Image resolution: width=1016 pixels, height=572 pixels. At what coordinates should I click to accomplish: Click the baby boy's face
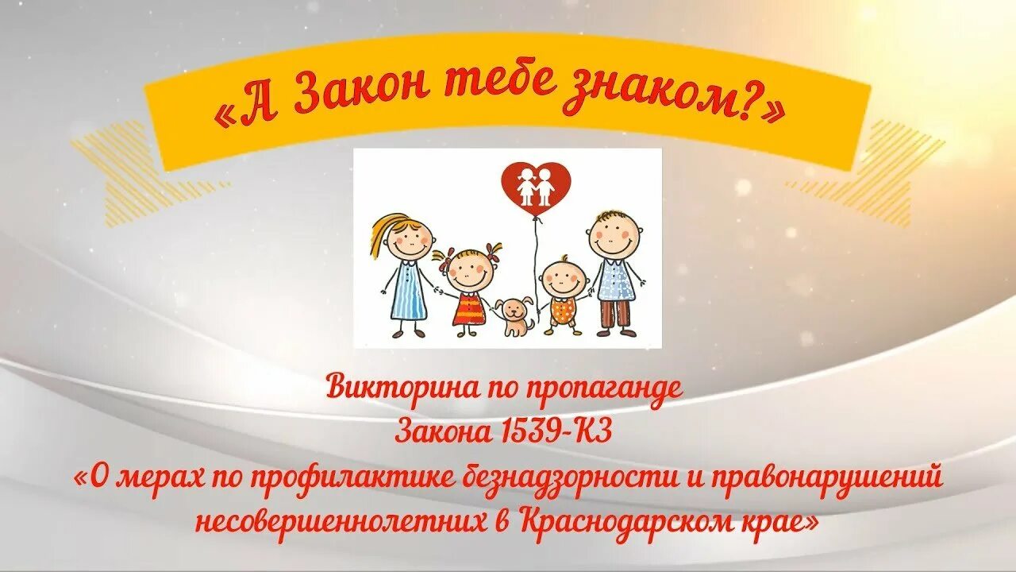click(564, 279)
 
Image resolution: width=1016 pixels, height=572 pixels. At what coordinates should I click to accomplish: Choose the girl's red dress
click(469, 309)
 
